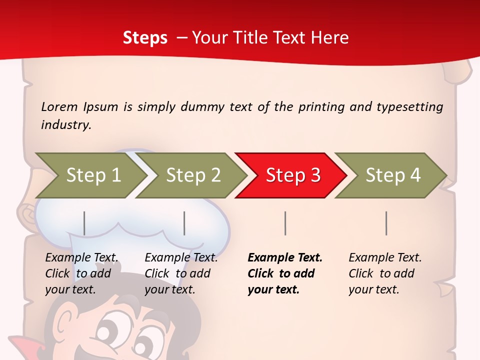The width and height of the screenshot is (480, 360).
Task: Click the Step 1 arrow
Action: coord(92,175)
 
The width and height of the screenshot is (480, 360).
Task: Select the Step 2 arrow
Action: coord(192,175)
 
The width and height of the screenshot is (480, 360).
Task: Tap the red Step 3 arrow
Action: coord(292,175)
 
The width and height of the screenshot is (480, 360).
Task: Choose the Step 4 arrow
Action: coord(392,175)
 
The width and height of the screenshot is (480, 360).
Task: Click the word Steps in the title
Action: coord(145,38)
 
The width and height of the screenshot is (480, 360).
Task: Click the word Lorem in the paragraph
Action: coord(59,107)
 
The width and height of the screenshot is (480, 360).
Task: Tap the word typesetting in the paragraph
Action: coord(409,107)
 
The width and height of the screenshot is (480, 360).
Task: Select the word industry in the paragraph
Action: coord(65,124)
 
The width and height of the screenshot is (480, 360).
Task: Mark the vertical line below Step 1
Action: coord(84,223)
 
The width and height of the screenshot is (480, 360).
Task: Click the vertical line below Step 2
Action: coord(184,223)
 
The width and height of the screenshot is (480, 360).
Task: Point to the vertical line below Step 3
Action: coord(285,223)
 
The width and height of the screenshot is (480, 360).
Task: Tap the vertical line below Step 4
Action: coord(386,223)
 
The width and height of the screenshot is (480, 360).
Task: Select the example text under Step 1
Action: coord(81,273)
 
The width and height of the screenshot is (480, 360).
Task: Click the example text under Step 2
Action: coord(181,273)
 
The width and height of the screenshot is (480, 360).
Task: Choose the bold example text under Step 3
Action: coord(284,273)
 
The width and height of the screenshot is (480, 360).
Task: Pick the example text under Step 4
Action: coord(385,273)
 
